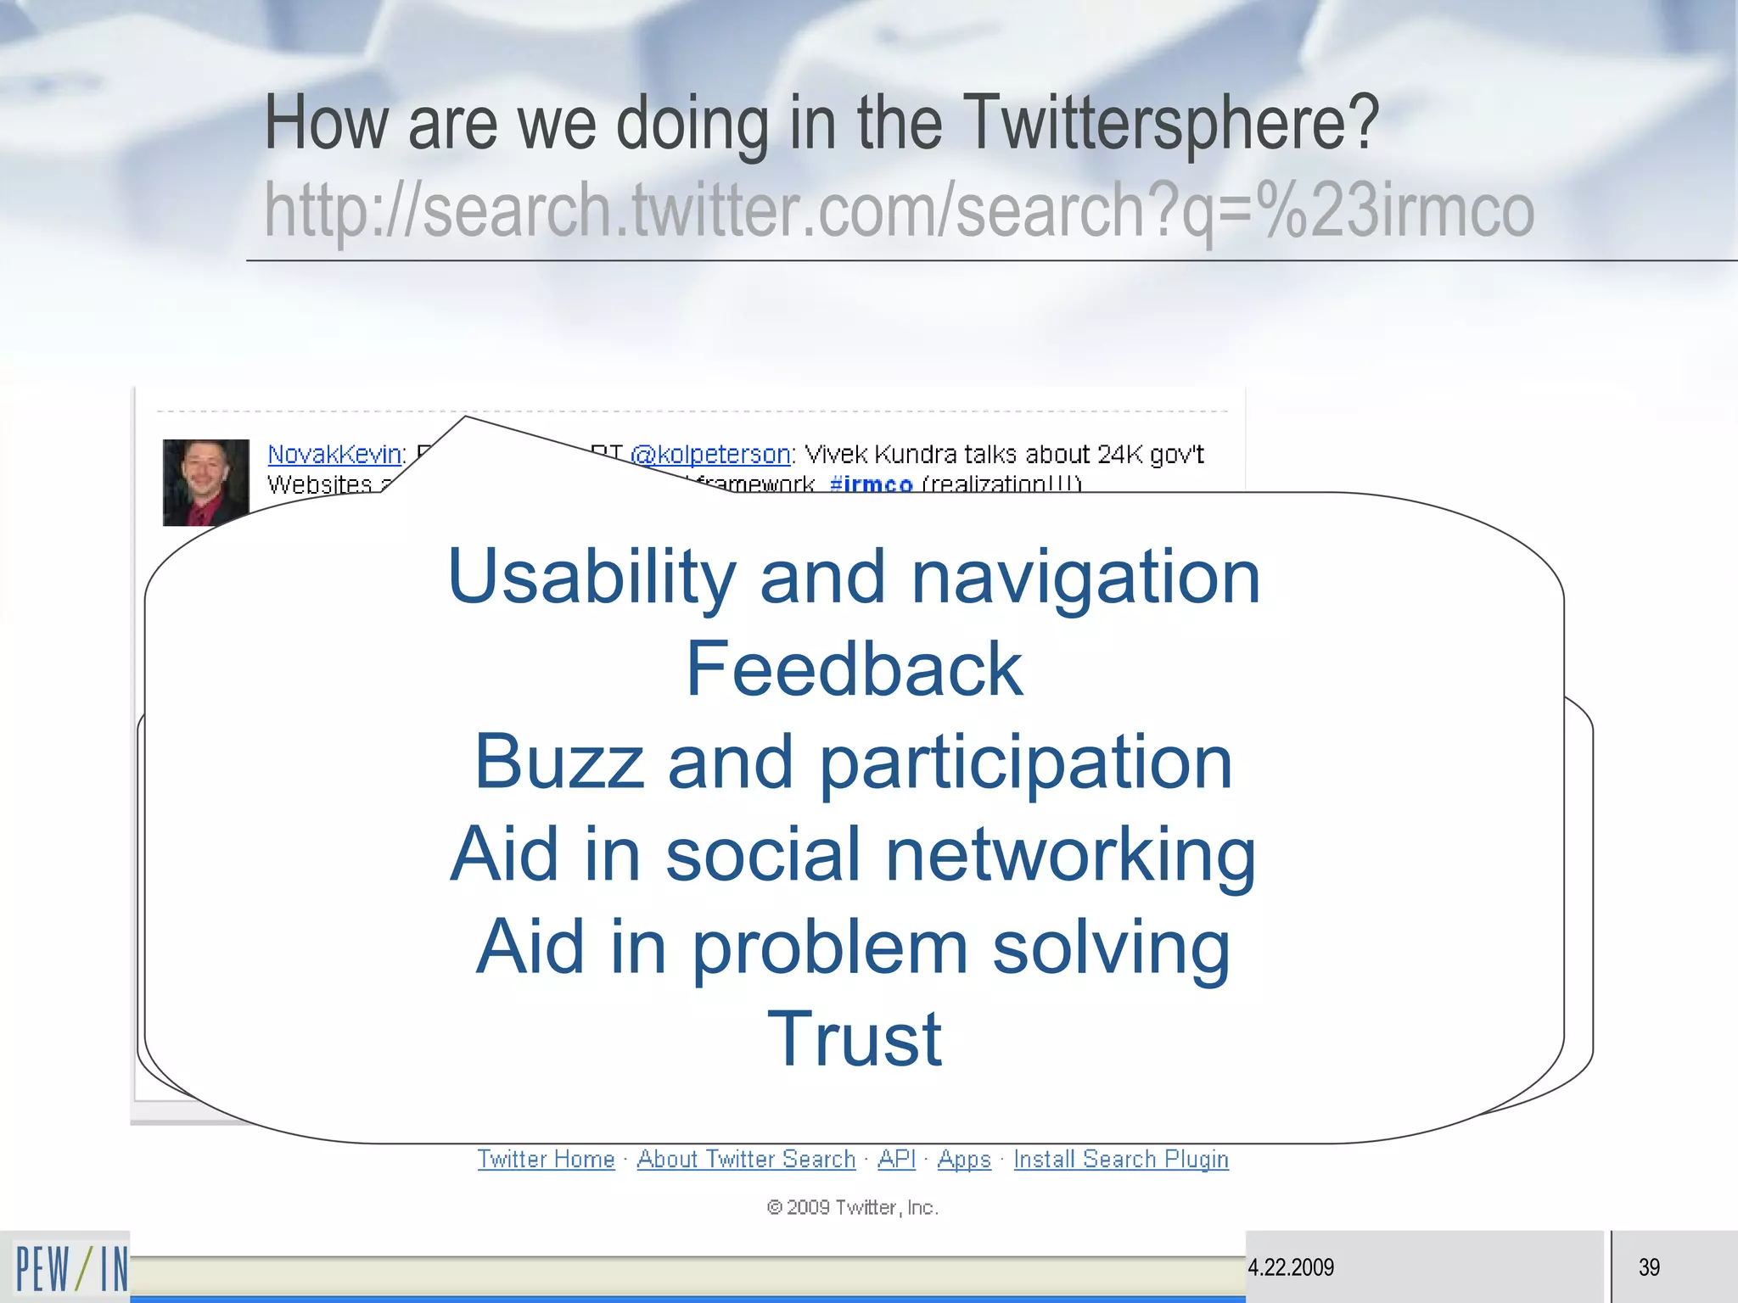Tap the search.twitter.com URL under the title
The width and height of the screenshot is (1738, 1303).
click(899, 210)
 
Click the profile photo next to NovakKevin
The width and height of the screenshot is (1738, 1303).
click(205, 481)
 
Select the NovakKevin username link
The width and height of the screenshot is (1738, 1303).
click(334, 455)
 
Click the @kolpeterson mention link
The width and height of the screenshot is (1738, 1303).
click(710, 455)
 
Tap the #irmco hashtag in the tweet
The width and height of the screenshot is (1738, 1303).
click(871, 484)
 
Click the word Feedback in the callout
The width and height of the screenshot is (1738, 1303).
click(854, 669)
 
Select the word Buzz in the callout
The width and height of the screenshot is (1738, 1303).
click(558, 762)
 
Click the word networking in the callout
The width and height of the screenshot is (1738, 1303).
click(1070, 854)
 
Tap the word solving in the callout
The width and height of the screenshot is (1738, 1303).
click(1111, 947)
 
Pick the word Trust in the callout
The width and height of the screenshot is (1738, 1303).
click(854, 1039)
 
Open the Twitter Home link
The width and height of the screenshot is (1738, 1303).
click(546, 1159)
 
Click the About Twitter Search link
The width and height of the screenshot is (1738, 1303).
click(746, 1159)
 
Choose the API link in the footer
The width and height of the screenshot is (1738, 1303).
click(896, 1159)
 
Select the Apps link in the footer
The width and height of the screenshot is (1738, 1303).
click(964, 1159)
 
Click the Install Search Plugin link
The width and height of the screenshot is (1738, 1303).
click(1120, 1159)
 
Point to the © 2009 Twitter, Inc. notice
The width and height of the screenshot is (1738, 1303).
click(852, 1207)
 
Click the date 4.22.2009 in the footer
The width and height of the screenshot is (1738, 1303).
click(1291, 1267)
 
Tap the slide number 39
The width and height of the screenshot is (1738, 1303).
click(1649, 1267)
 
